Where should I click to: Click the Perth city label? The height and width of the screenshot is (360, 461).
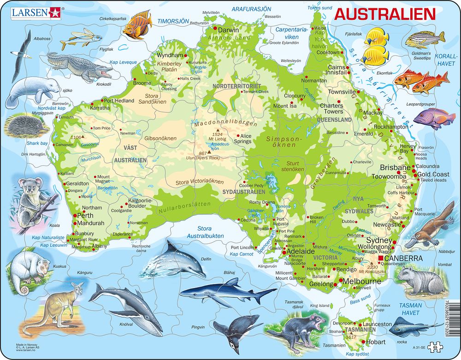pos(85,215)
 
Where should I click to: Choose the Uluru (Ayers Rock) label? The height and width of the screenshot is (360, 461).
pos(202,158)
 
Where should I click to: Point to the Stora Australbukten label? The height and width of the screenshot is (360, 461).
pos(205,232)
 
